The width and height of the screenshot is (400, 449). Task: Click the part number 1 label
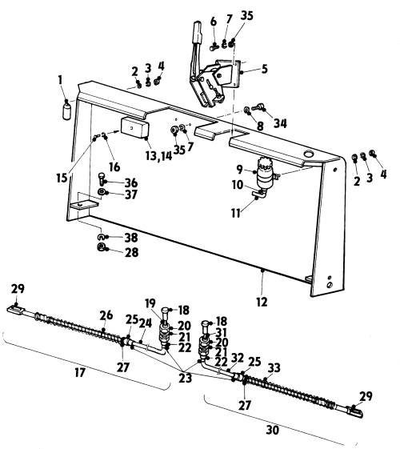(60, 80)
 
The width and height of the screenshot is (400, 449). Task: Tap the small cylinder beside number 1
(66, 111)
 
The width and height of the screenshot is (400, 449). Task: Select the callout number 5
(264, 69)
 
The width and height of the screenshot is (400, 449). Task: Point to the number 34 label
(280, 123)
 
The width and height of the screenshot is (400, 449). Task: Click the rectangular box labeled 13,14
(134, 127)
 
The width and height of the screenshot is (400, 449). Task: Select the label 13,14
(158, 156)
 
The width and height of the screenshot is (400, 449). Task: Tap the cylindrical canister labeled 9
(264, 174)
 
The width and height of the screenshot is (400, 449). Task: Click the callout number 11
(235, 213)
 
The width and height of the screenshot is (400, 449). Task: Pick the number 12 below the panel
(262, 302)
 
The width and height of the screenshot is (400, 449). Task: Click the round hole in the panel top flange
(309, 154)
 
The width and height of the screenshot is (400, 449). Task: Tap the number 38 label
(131, 238)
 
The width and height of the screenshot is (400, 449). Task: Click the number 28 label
(131, 252)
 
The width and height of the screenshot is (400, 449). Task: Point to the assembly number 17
(80, 372)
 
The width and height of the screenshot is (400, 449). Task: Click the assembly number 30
(272, 430)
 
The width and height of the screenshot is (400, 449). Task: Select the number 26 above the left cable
(106, 315)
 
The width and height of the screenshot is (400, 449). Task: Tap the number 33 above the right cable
(274, 367)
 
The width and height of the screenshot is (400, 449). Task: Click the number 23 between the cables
(185, 378)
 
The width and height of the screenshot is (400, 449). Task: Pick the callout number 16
(114, 166)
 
